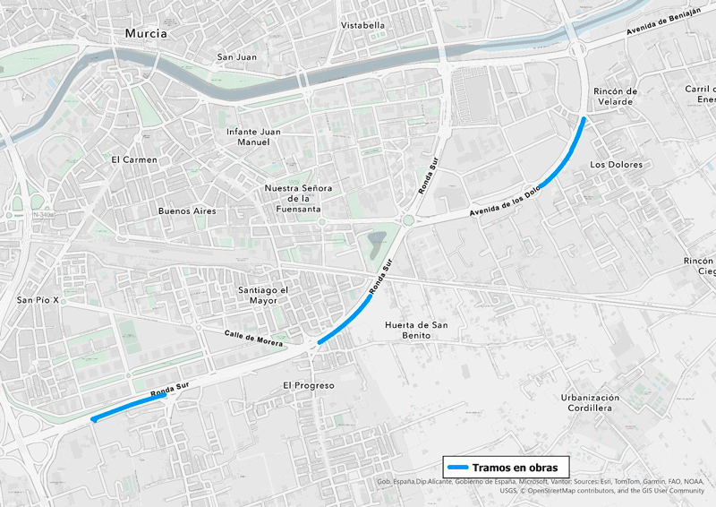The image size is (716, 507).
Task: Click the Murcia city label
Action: click(146, 33)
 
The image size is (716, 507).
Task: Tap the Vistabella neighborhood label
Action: click(362, 25)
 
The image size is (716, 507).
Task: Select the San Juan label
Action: click(237, 57)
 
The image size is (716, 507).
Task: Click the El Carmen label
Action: click(134, 160)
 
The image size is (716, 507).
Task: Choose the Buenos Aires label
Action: click(186, 211)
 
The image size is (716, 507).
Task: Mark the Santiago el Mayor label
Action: click(262, 296)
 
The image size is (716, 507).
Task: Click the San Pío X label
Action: click(38, 300)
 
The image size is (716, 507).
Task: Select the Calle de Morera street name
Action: click(253, 338)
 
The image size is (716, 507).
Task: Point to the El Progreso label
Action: click(308, 385)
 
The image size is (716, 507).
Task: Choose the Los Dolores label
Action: click(617, 165)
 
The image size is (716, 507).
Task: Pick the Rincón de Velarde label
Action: click(615, 96)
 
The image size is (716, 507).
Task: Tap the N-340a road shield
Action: click(43, 215)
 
